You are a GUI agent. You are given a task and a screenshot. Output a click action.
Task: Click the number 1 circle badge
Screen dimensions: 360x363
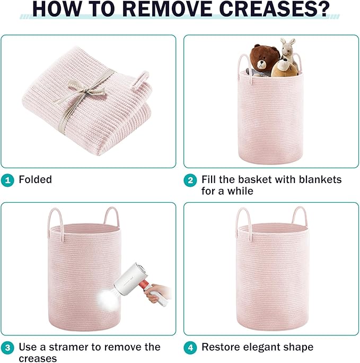(7, 180)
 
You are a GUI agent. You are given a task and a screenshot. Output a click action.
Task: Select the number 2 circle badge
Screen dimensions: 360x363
(190, 180)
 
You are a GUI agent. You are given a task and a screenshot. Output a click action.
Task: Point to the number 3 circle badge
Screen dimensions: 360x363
(7, 348)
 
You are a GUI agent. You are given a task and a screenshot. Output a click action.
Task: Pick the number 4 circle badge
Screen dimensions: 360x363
(190, 348)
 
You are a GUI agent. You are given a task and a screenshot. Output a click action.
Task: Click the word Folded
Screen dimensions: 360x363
(36, 180)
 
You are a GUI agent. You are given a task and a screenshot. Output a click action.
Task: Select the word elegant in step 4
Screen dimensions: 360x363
(261, 348)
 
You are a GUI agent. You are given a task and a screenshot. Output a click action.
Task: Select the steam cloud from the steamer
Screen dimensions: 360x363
(108, 300)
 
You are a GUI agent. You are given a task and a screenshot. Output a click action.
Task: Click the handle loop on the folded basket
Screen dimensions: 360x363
(141, 80)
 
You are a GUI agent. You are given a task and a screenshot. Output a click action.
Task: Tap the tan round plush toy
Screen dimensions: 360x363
(284, 68)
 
